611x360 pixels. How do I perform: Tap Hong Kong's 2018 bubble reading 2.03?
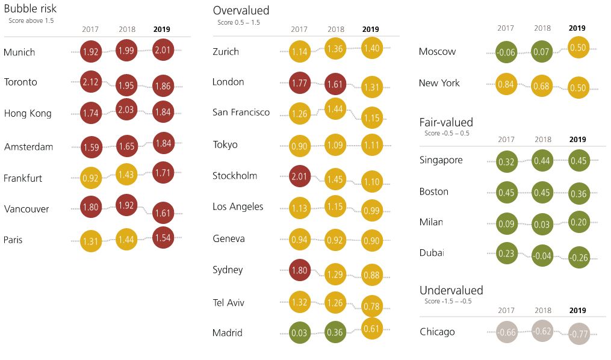126,109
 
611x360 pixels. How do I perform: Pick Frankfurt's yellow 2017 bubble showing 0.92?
90,178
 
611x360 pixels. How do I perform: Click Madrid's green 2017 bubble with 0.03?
300,333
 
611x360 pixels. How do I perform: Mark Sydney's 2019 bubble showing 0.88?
372,276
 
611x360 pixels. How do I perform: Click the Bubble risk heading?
31,10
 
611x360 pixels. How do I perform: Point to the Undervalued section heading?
451,290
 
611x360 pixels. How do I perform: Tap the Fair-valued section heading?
446,122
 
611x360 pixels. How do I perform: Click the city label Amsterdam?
28,147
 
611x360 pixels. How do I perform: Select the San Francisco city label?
241,113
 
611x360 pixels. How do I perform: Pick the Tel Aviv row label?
229,302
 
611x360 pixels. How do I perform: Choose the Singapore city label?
441,160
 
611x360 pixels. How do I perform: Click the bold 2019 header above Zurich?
371,29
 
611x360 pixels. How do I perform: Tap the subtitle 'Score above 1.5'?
31,20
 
